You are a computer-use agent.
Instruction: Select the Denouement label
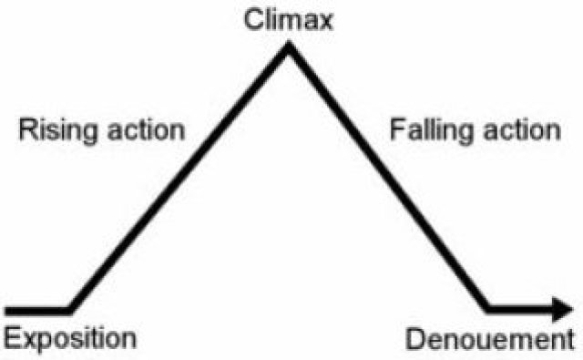point(492,342)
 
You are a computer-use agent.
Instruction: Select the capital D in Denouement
point(413,342)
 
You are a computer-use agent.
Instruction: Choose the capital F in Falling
point(395,129)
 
